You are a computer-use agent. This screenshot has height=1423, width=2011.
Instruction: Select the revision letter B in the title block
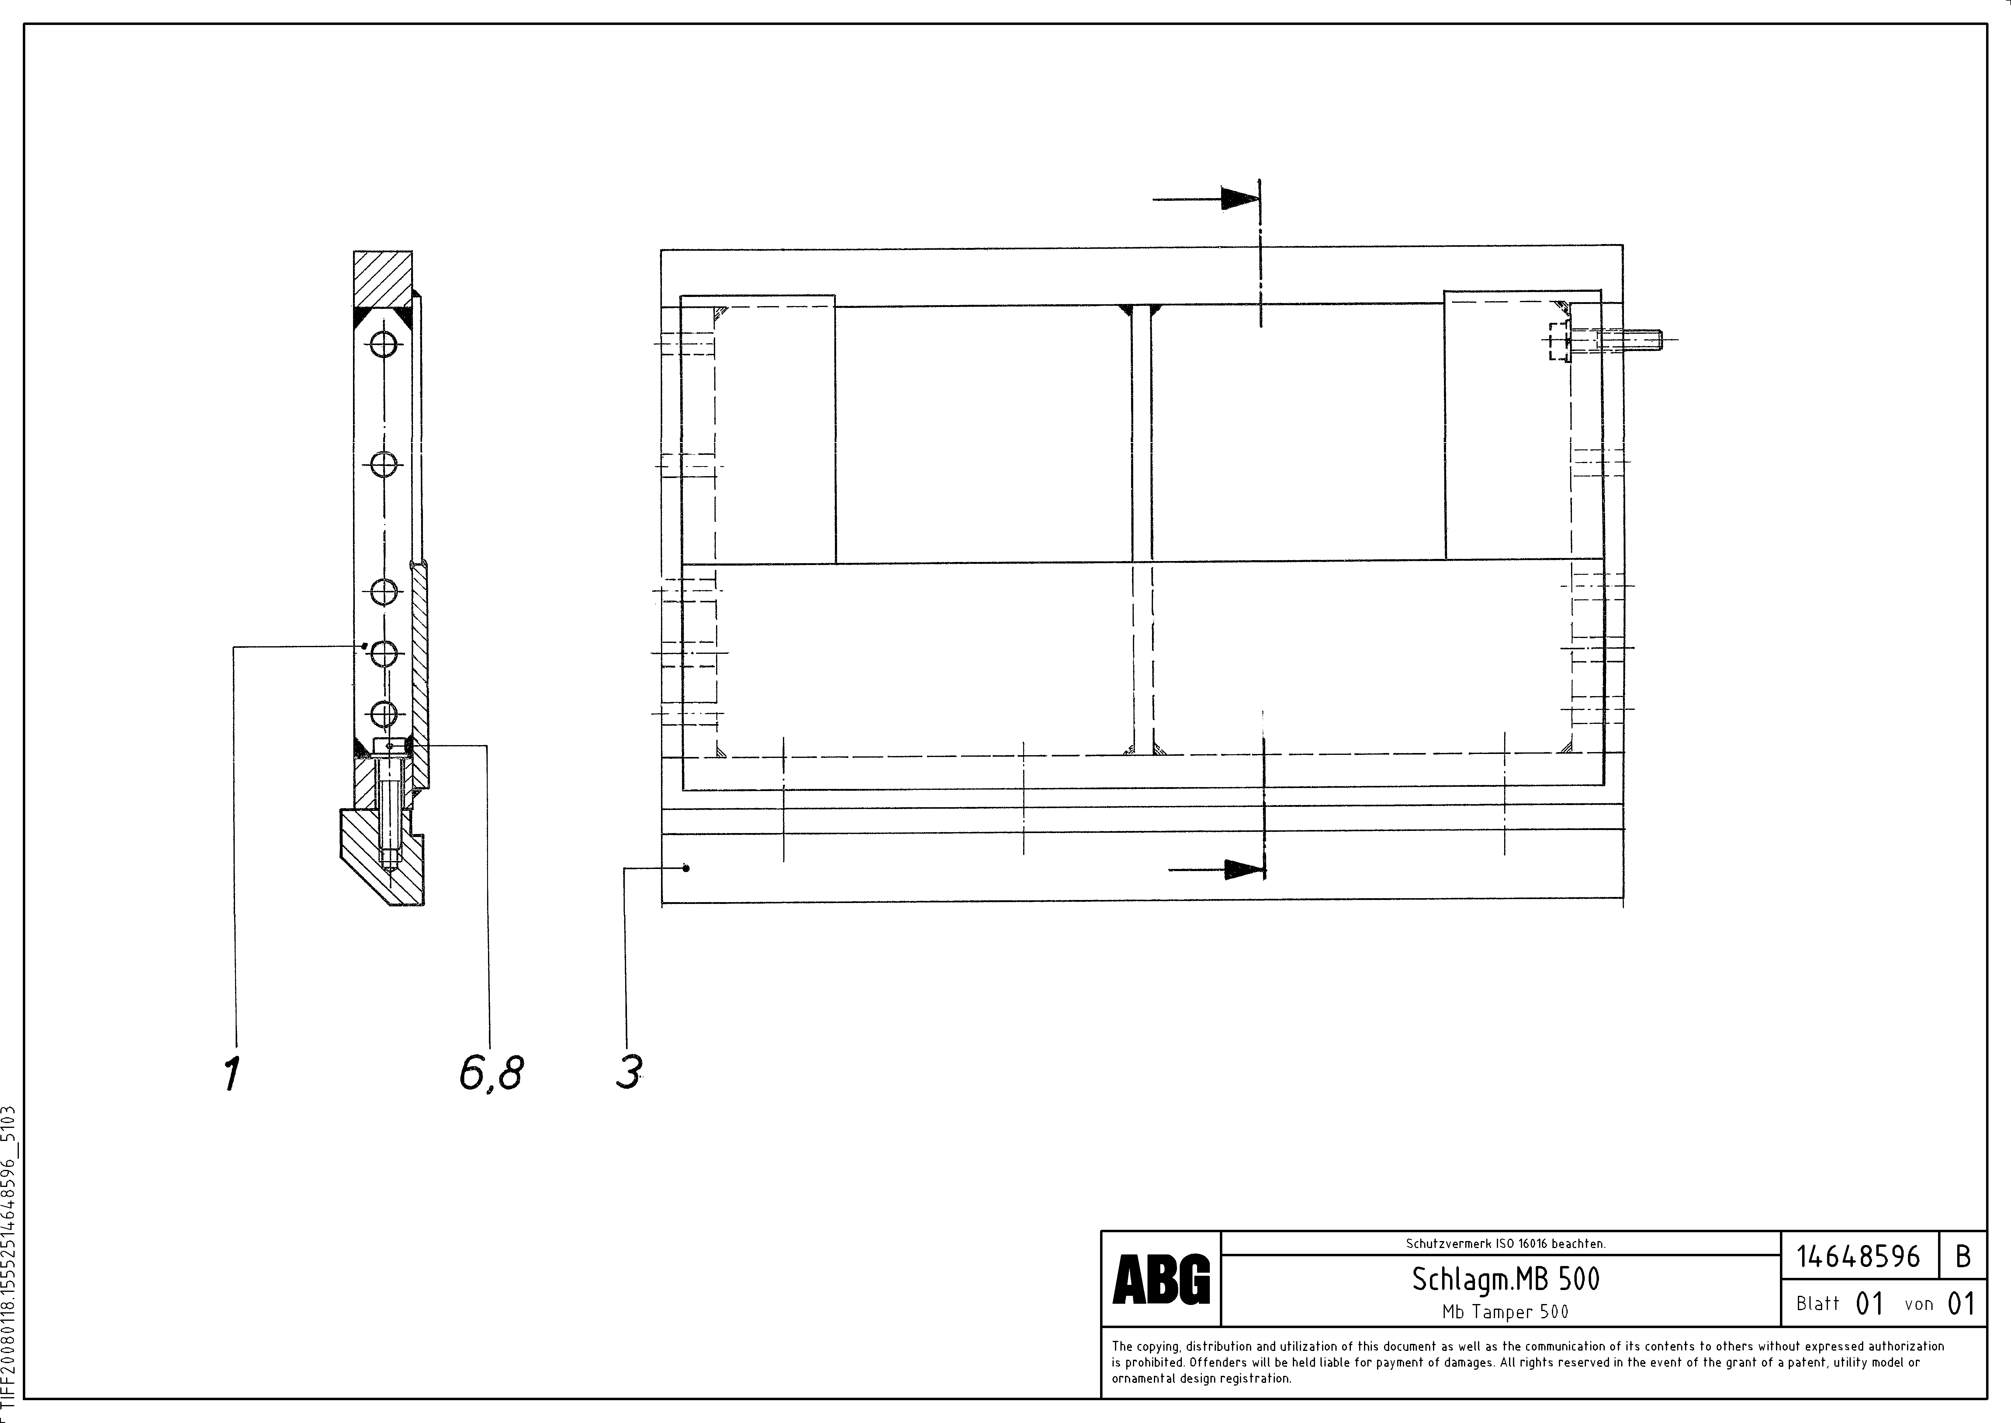pyautogui.click(x=1963, y=1257)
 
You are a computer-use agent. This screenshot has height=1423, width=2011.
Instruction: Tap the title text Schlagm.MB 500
pyautogui.click(x=1505, y=1280)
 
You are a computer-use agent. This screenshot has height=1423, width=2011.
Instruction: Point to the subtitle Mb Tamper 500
pyautogui.click(x=1505, y=1312)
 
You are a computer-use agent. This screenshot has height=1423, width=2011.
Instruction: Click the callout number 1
pyautogui.click(x=231, y=1074)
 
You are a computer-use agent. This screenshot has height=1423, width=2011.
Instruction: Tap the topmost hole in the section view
pyautogui.click(x=384, y=344)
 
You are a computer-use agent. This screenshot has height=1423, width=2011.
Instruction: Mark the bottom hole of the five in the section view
pyautogui.click(x=384, y=714)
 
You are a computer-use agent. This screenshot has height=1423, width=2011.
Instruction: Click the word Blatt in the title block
pyautogui.click(x=1817, y=1304)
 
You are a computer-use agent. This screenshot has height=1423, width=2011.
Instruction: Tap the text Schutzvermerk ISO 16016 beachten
pyautogui.click(x=1505, y=1243)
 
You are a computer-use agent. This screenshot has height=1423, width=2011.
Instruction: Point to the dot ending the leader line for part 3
pyautogui.click(x=687, y=868)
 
